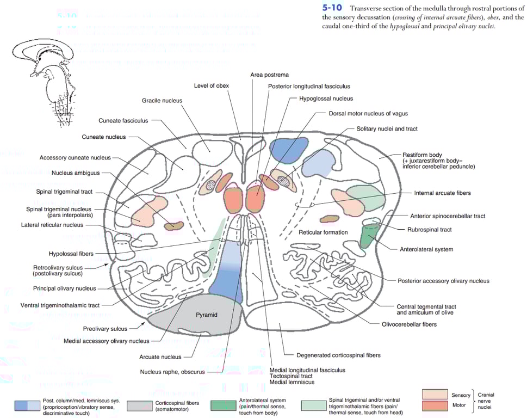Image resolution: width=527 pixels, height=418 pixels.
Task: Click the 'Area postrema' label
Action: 269,75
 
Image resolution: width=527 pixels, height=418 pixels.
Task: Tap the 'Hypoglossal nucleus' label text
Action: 326,99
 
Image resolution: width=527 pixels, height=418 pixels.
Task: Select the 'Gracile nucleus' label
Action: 162,101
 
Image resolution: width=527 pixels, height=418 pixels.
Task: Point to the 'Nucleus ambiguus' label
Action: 76,173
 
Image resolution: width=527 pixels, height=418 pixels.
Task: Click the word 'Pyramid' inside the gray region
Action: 206,315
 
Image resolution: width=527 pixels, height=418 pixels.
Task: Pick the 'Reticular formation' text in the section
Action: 323,232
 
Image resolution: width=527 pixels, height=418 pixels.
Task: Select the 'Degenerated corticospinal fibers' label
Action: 338,355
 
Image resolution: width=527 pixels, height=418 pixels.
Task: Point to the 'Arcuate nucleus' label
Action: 160,357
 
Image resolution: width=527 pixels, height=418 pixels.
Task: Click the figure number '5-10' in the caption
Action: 332,8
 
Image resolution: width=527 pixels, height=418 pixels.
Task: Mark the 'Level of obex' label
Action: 213,86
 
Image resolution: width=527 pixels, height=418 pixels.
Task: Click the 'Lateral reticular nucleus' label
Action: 52,225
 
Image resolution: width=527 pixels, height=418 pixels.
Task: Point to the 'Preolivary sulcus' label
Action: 105,329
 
